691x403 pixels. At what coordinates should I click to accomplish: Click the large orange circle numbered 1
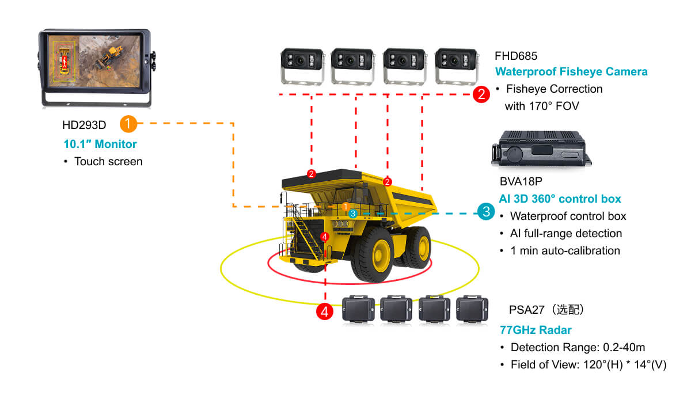[128, 124]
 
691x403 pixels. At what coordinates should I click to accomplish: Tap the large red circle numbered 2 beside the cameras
[481, 94]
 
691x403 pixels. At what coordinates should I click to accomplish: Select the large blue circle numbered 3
[486, 211]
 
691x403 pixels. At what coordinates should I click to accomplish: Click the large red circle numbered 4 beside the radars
[325, 311]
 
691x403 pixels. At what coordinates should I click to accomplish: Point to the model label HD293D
[84, 125]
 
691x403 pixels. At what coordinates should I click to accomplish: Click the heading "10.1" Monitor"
[100, 144]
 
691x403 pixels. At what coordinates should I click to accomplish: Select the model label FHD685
[516, 56]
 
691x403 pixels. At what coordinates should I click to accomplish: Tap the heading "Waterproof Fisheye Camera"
[571, 71]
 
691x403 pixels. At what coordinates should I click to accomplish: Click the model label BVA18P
[521, 181]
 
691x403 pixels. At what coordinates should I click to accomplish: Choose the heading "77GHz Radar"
[536, 330]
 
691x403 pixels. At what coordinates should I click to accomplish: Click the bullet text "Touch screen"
[108, 162]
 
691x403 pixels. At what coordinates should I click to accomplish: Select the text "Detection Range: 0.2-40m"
[578, 347]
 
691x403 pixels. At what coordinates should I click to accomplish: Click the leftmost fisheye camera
[302, 66]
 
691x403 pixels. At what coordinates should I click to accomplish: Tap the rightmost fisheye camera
[457, 66]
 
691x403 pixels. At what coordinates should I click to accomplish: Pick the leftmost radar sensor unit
[358, 309]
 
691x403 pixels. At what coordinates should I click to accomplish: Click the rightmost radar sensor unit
[472, 309]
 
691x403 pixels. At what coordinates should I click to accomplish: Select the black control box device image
[541, 149]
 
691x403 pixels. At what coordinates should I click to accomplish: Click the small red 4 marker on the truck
[325, 237]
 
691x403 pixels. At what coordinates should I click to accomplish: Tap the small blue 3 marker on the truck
[353, 214]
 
